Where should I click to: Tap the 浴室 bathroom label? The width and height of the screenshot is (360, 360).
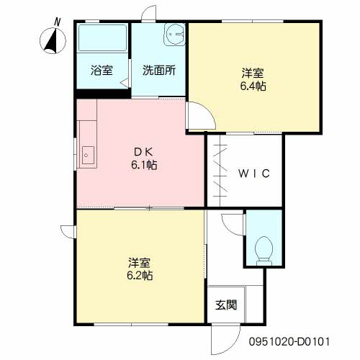[x=102, y=71]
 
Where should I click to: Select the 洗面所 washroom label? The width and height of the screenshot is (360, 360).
[x=159, y=71]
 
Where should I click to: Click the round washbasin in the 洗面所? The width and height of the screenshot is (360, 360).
[x=175, y=35]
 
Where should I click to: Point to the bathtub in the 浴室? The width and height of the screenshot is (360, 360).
[x=102, y=37]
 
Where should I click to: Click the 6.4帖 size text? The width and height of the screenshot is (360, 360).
[x=253, y=86]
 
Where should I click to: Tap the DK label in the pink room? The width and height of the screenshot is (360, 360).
[x=143, y=152]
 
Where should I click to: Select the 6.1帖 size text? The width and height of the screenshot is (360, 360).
[x=144, y=165]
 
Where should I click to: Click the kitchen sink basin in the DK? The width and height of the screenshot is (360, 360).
[x=88, y=156]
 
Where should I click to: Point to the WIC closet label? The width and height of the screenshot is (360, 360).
[x=254, y=174]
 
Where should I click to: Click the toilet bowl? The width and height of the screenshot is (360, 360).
[x=264, y=251]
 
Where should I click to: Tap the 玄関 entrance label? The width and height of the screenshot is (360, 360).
[x=226, y=305]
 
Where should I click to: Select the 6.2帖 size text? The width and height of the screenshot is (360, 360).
[x=140, y=276]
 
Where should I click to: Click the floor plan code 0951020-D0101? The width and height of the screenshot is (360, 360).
[x=289, y=341]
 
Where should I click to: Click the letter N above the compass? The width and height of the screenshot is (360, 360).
[x=57, y=22]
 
